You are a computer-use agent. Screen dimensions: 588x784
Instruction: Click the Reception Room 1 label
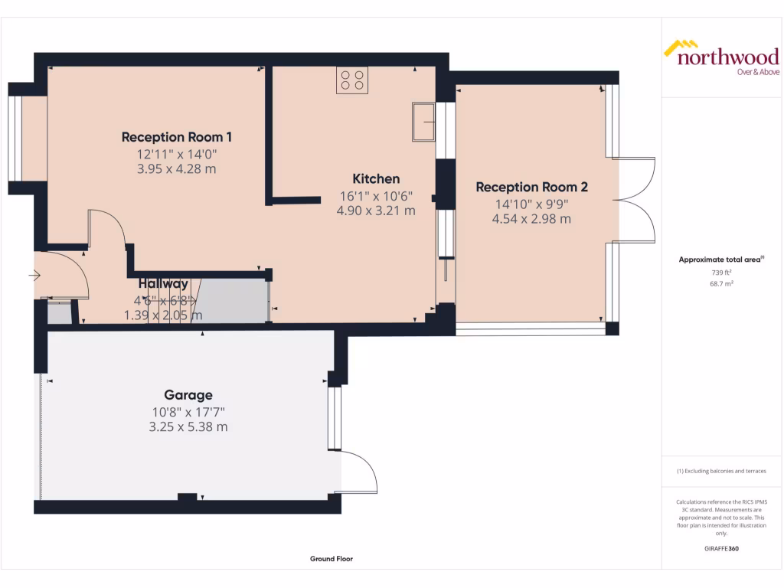pyautogui.click(x=176, y=137)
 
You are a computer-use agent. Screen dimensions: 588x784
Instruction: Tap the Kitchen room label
pyautogui.click(x=375, y=178)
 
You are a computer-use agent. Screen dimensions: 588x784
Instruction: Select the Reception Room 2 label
pyautogui.click(x=531, y=187)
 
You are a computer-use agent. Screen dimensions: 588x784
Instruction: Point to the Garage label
pyautogui.click(x=188, y=395)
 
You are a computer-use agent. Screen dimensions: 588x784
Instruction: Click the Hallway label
pyautogui.click(x=163, y=284)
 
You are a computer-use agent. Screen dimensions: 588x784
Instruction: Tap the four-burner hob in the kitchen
pyautogui.click(x=351, y=80)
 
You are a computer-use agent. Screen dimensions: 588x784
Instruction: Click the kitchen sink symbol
pyautogui.click(x=423, y=122)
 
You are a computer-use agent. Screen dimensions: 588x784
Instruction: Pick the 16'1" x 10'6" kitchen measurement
pyautogui.click(x=375, y=195)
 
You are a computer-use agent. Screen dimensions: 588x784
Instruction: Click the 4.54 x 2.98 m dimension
pyautogui.click(x=531, y=219)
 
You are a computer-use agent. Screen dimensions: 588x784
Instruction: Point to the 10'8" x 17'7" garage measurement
pyautogui.click(x=188, y=412)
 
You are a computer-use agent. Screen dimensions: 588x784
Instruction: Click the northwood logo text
pyautogui.click(x=727, y=57)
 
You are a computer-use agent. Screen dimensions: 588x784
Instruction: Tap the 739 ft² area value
pyautogui.click(x=720, y=272)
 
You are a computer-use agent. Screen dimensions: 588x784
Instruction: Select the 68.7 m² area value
pyautogui.click(x=720, y=283)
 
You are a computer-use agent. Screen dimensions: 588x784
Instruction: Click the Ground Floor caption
pyautogui.click(x=331, y=559)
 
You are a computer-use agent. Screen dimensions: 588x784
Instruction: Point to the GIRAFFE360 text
pyautogui.click(x=720, y=548)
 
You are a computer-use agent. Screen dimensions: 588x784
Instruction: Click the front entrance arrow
pyautogui.click(x=34, y=275)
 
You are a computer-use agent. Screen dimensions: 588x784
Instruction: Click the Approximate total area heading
pyautogui.click(x=720, y=260)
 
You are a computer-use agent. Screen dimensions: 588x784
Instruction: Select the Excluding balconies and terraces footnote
pyautogui.click(x=720, y=471)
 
